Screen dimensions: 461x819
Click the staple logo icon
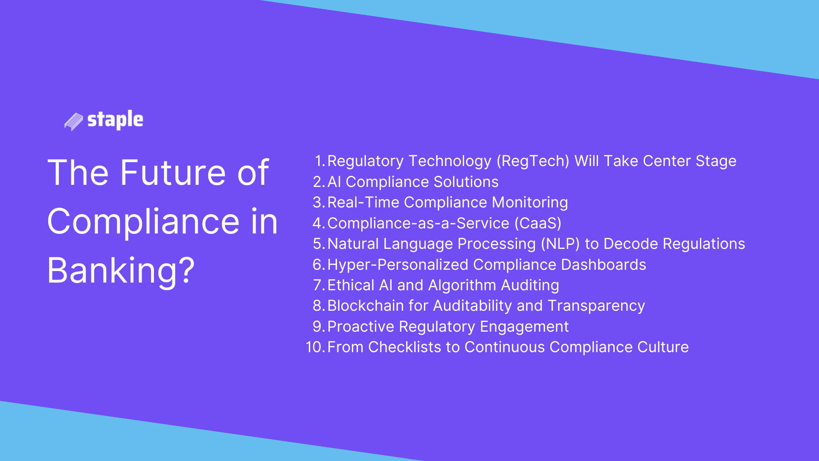(73, 122)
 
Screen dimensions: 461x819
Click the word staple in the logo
(115, 120)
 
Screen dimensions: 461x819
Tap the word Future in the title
(172, 173)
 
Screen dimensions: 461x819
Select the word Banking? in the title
(121, 271)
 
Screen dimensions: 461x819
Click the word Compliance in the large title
(143, 222)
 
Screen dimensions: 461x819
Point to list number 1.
(319, 161)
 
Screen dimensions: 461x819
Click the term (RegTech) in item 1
(532, 161)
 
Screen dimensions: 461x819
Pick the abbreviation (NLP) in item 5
(560, 244)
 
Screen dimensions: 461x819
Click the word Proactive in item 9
(360, 327)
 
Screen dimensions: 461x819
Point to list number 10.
(315, 347)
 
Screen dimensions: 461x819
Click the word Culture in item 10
(662, 347)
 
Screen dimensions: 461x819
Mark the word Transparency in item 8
(596, 306)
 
